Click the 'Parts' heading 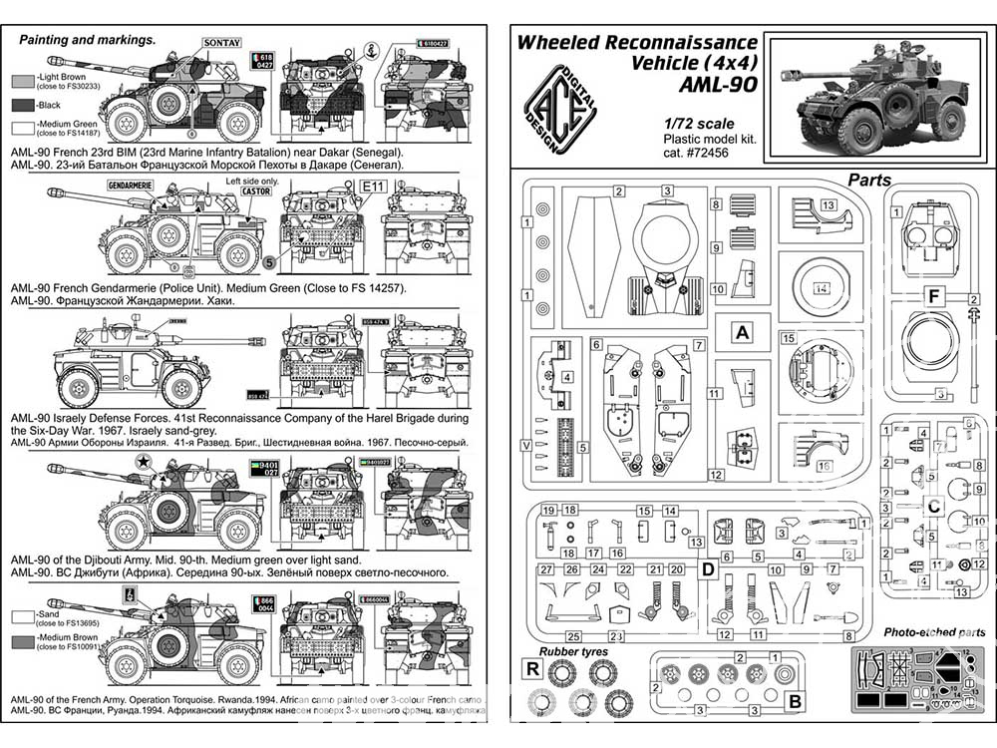[x=869, y=181]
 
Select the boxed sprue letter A [x=741, y=334]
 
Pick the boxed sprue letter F [x=934, y=297]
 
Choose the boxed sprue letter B [x=795, y=701]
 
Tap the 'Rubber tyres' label [x=571, y=652]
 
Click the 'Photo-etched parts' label [x=934, y=632]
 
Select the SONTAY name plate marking [x=220, y=43]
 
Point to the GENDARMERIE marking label [x=137, y=187]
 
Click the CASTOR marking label [x=256, y=190]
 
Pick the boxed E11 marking [x=373, y=187]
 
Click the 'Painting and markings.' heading [x=89, y=40]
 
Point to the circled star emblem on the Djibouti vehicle [x=143, y=462]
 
